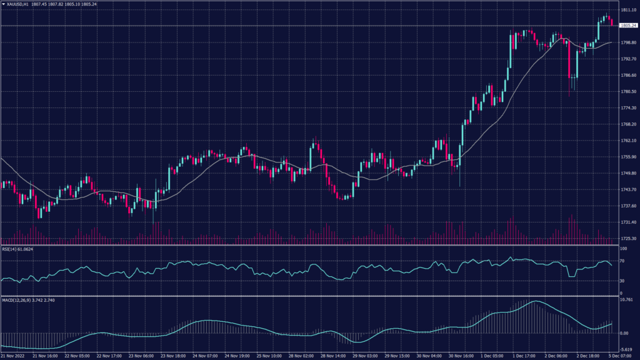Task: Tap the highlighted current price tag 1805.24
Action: coord(628,26)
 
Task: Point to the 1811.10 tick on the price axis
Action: coord(628,10)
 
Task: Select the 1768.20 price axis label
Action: coord(628,124)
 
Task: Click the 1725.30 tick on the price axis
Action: coord(628,239)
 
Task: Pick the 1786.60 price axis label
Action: coord(628,75)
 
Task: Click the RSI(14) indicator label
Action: coord(10,248)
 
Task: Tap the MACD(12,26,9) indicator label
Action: coord(16,300)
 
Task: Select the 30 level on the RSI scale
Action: coord(622,281)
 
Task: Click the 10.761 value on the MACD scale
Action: coord(627,301)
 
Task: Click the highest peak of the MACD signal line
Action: coord(536,302)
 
